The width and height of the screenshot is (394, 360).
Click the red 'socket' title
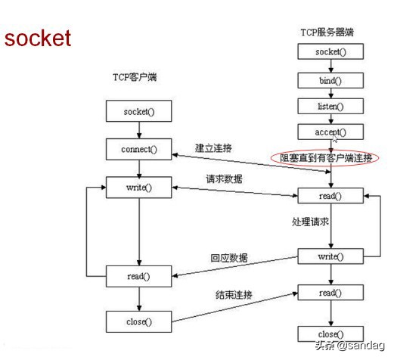(38, 38)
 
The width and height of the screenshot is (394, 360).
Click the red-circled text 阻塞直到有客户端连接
(325, 157)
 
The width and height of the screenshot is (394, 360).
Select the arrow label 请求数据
(225, 181)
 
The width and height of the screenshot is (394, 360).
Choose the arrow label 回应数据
(229, 257)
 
